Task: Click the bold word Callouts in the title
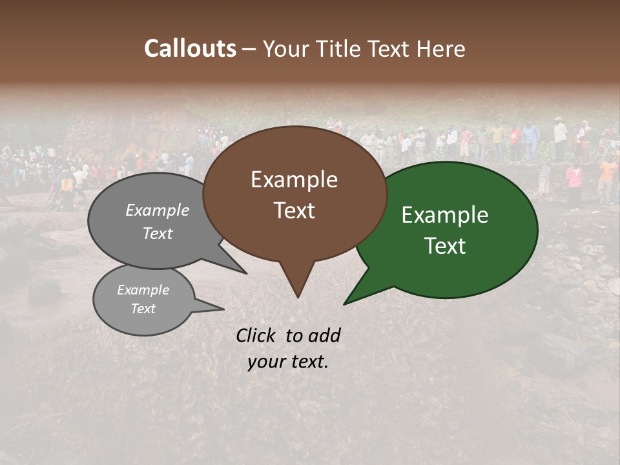click(x=190, y=48)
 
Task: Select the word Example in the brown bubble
click(x=294, y=180)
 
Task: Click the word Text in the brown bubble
click(x=294, y=210)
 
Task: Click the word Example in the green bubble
click(x=445, y=215)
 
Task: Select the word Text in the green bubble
click(x=445, y=245)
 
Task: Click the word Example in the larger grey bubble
click(x=158, y=210)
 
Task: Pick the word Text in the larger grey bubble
click(x=158, y=233)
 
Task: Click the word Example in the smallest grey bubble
click(x=143, y=290)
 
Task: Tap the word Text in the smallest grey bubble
click(x=143, y=309)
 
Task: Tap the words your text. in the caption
click(x=287, y=362)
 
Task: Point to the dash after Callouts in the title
click(x=249, y=49)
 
